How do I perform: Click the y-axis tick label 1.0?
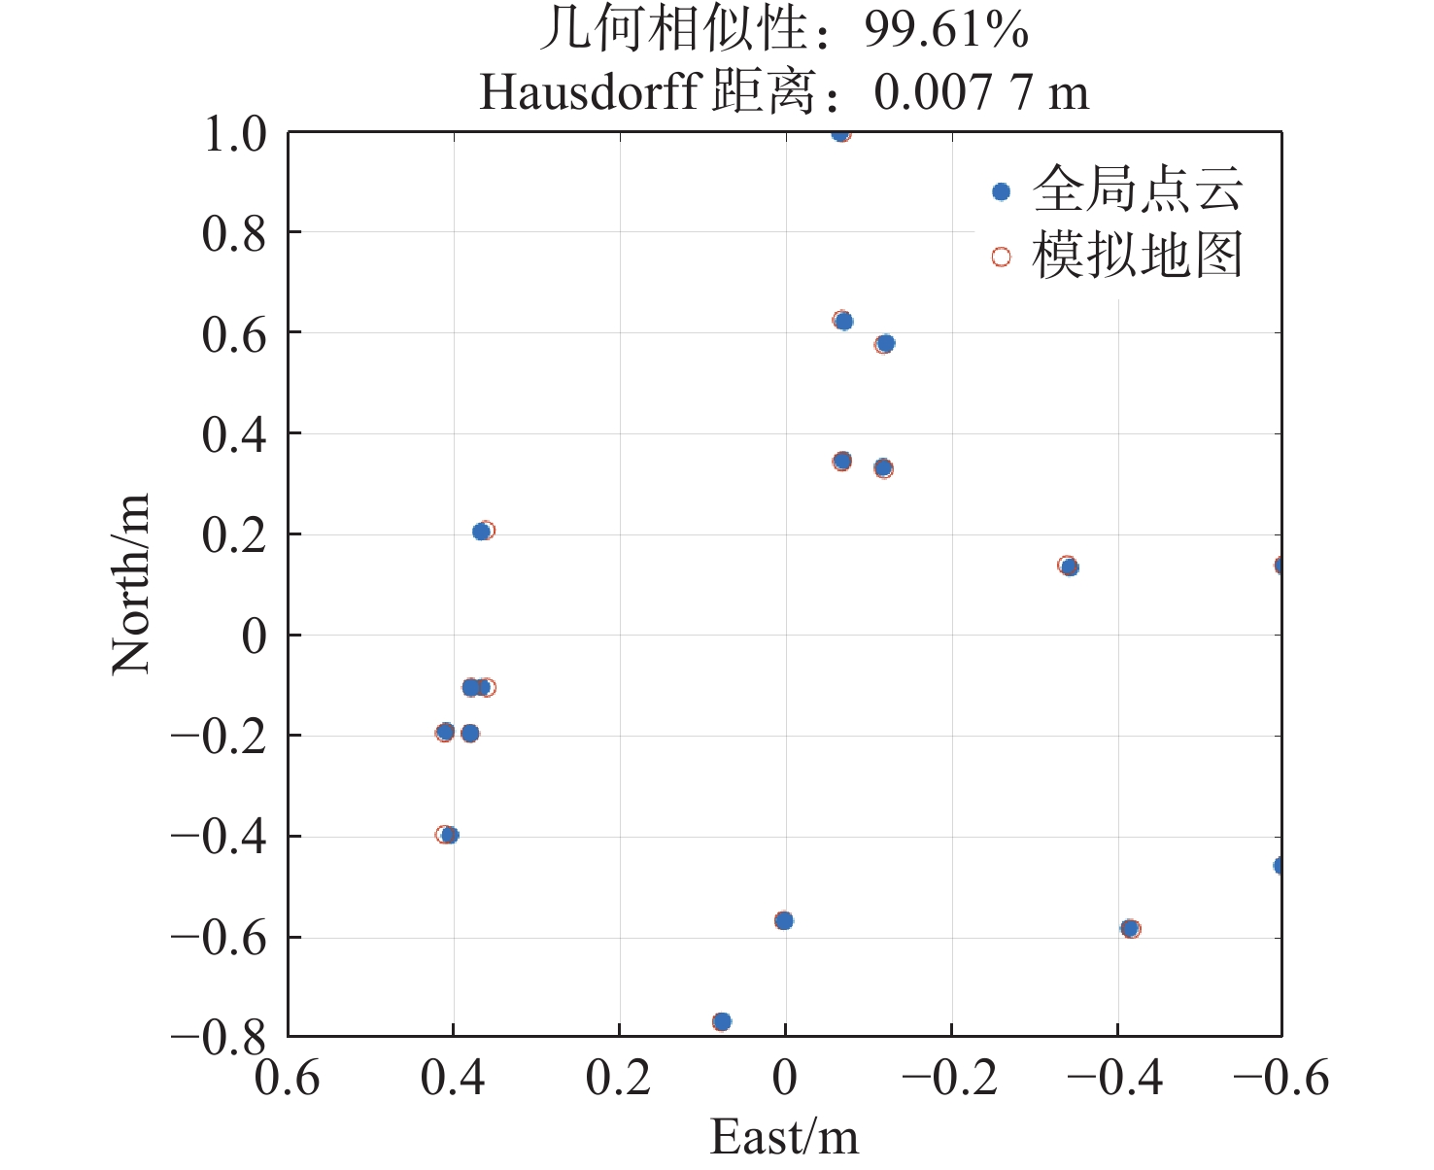pos(234,134)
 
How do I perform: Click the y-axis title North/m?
pos(131,583)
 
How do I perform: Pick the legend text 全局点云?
pos(1137,189)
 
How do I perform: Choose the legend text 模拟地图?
pos(1137,257)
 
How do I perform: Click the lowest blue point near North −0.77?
pos(722,1021)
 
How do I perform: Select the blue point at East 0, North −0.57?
pos(784,920)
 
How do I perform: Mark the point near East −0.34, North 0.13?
pos(1070,567)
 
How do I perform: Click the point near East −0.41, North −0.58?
pos(1129,928)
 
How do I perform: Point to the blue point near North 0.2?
pos(481,532)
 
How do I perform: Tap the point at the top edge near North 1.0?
pos(840,133)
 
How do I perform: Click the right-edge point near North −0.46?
pos(1280,865)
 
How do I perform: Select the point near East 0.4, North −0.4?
pos(450,835)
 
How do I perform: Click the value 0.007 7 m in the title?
pos(981,93)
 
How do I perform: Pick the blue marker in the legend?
pos(1001,191)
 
